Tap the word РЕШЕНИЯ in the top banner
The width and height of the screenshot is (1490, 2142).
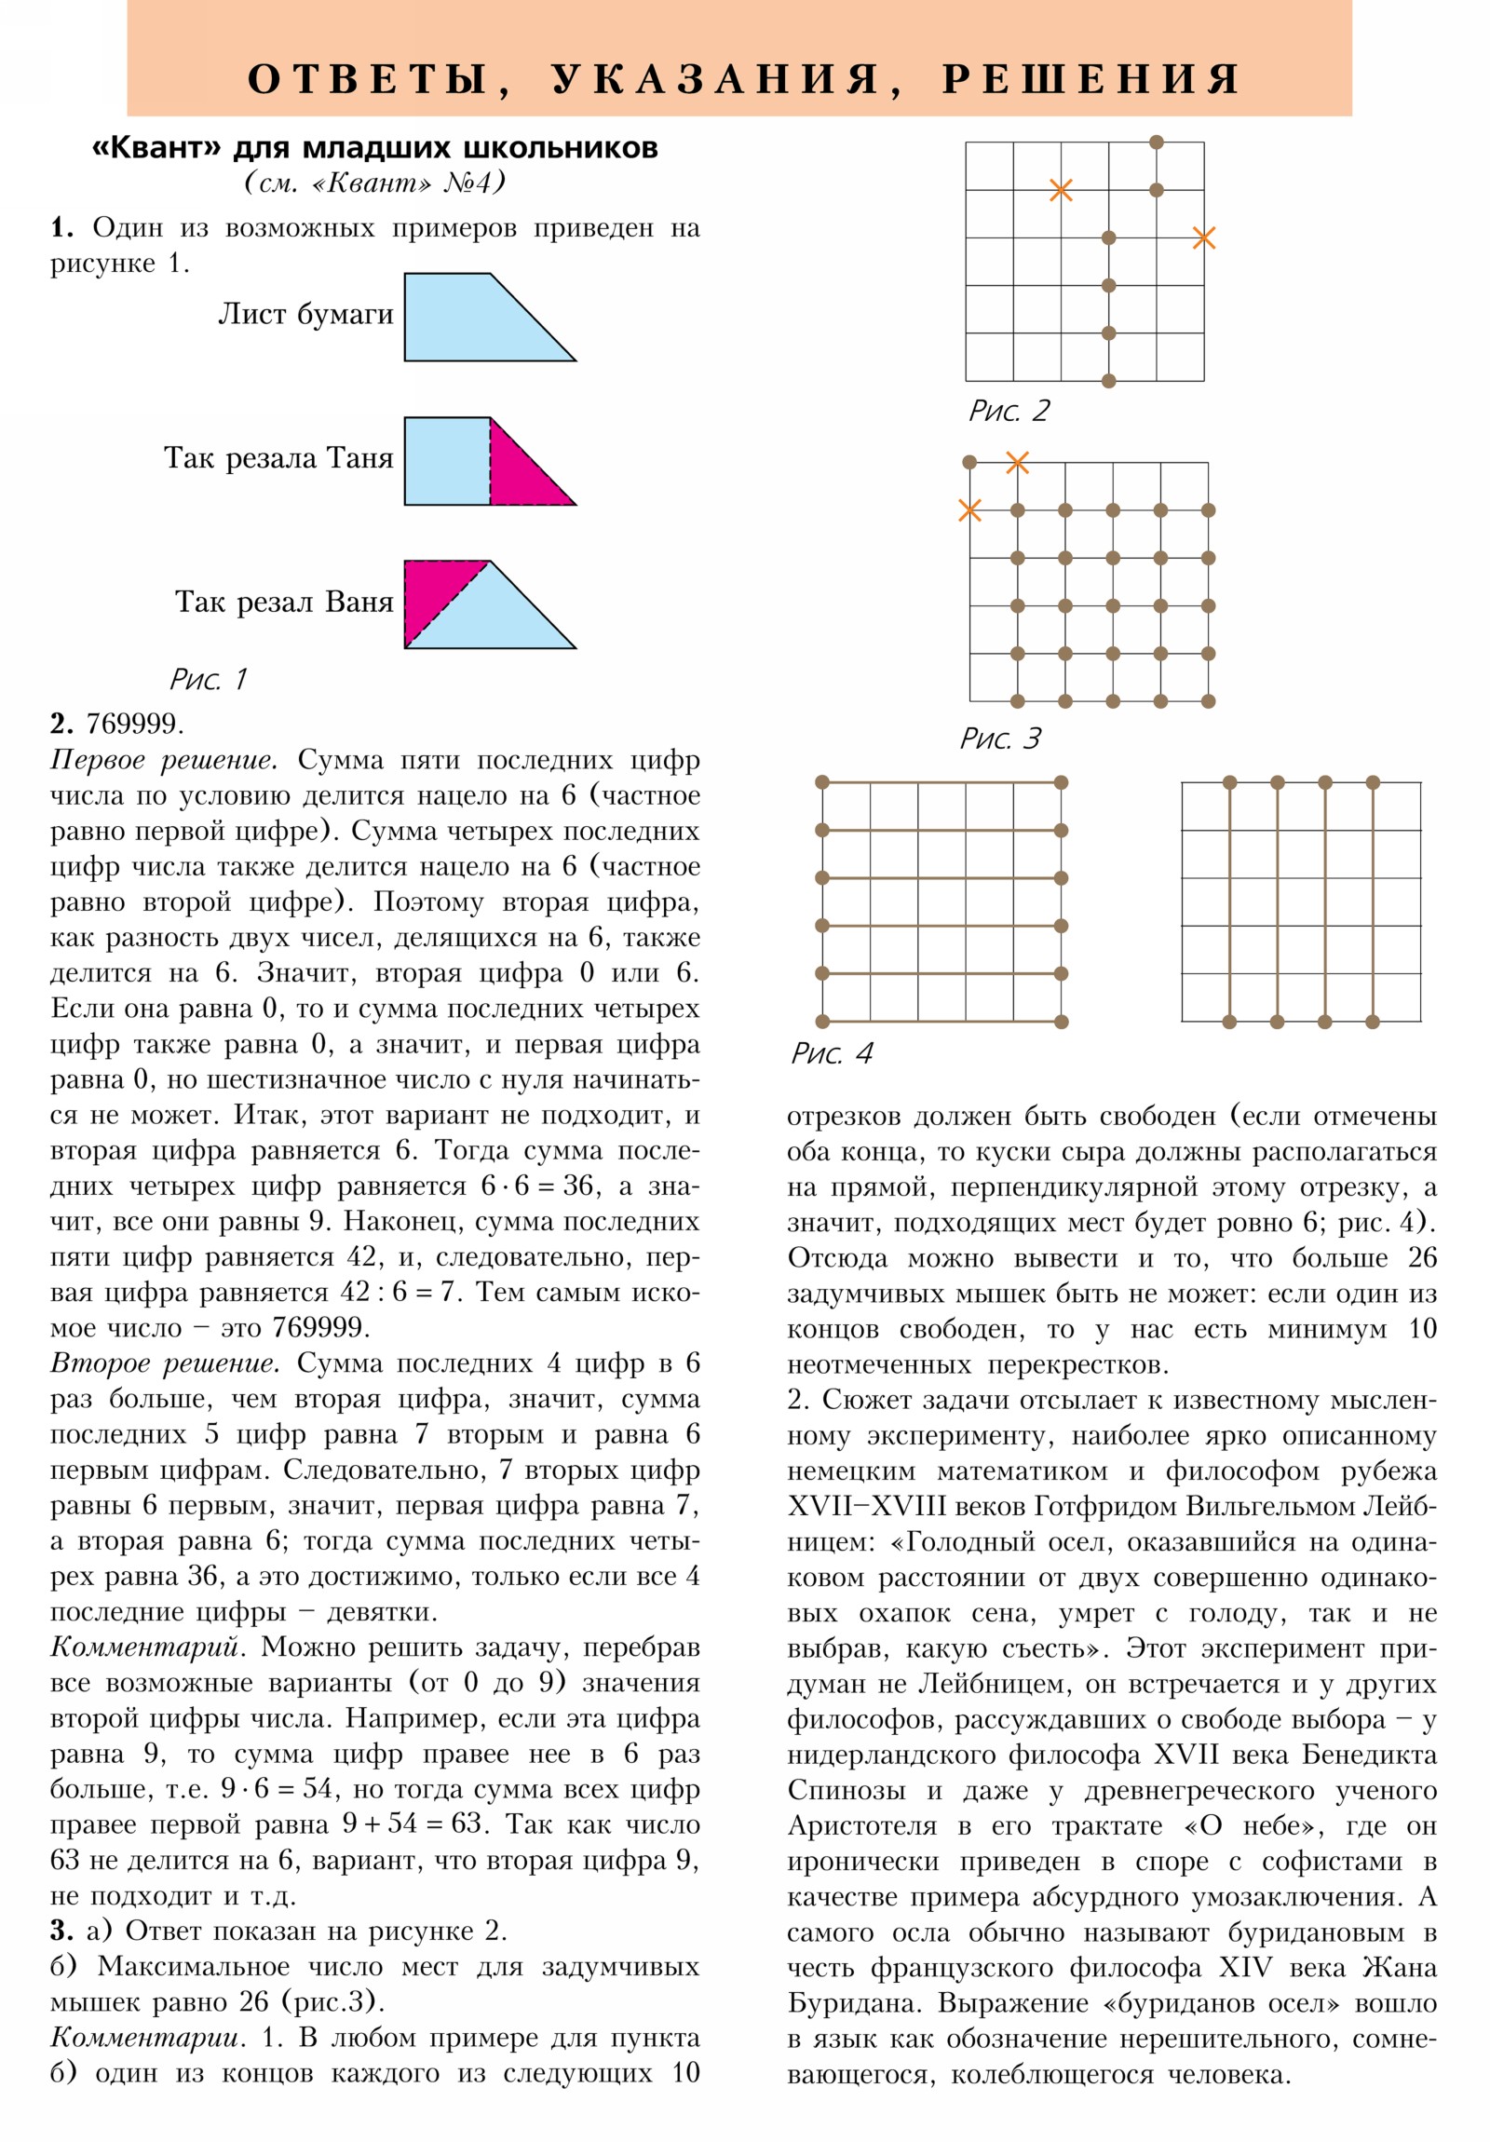click(1090, 79)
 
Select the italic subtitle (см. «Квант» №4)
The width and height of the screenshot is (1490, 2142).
click(375, 182)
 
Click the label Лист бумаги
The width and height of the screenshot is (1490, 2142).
click(305, 315)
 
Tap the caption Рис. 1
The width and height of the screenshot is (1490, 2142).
click(208, 679)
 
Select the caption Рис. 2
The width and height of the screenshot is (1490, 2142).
click(1009, 411)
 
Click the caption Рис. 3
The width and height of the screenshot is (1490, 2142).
click(1000, 739)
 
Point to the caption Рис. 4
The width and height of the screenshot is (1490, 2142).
click(832, 1053)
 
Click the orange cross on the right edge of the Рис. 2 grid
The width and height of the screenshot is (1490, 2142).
click(1203, 237)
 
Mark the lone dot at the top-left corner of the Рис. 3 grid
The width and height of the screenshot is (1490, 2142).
click(969, 462)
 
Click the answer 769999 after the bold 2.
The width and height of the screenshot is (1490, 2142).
click(135, 724)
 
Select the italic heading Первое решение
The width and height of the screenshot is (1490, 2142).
click(164, 760)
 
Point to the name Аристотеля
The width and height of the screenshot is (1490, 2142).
click(862, 1825)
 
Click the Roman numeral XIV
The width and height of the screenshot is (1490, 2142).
click(1246, 1968)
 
